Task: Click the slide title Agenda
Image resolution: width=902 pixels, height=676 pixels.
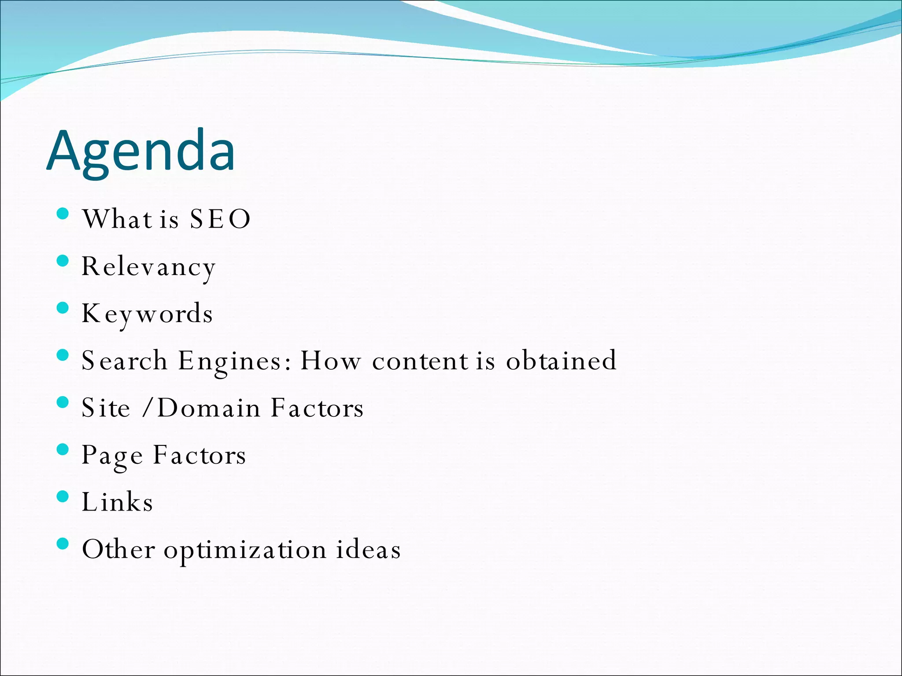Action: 141,151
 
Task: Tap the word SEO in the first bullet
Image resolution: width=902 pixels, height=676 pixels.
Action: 220,219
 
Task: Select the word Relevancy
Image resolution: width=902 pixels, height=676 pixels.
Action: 148,267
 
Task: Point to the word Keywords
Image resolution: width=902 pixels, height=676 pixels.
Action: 147,314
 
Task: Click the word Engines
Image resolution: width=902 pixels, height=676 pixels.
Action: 234,362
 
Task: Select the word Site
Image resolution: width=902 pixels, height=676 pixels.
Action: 106,408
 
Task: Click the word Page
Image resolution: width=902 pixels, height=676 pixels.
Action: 112,456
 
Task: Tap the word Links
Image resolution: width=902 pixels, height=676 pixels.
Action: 118,502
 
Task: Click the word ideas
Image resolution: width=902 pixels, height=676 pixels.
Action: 368,550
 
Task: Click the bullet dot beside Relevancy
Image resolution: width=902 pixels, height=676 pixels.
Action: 63,261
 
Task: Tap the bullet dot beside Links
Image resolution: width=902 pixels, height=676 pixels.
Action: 63,496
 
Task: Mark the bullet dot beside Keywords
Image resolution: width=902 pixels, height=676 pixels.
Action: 63,308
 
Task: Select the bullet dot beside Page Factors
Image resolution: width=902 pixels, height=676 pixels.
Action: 63,449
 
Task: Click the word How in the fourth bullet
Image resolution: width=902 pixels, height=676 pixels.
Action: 330,361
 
